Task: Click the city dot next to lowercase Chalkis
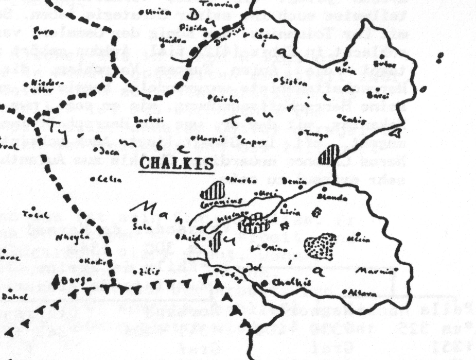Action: point(264,283)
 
